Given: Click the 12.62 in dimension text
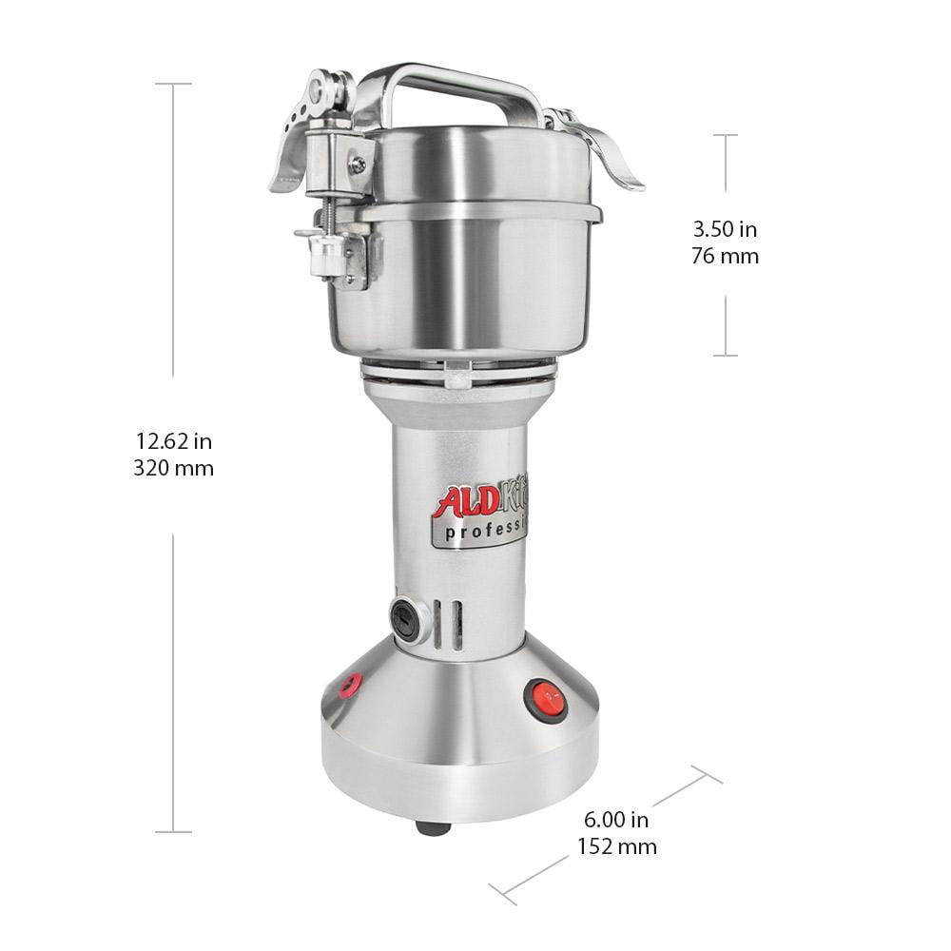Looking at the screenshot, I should coord(173,441).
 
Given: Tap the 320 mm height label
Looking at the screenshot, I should coord(173,468).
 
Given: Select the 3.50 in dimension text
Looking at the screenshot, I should coord(725,229).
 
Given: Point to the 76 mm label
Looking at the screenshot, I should coord(725,256).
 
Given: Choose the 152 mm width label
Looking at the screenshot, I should coord(617,846).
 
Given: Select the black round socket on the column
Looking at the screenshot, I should coord(405,619).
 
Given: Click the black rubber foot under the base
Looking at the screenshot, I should coord(433,827).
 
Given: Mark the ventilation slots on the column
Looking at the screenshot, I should coord(449,624).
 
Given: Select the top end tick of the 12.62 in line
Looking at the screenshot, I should coord(173,84).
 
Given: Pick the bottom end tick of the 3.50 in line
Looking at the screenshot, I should coord(726,356).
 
